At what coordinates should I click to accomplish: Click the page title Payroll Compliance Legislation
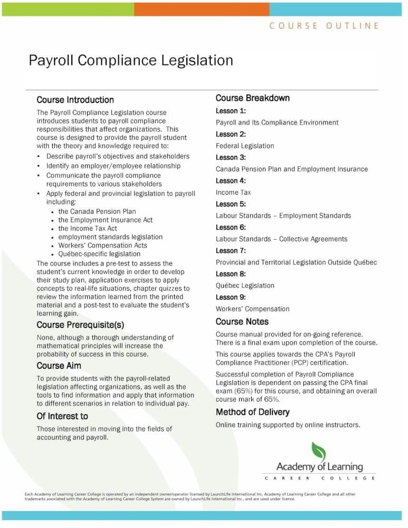[130, 60]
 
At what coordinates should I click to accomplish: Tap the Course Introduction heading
[75, 100]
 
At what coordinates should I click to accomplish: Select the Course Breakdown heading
[252, 98]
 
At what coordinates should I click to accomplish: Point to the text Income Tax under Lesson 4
[233, 192]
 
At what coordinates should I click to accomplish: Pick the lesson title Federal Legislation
[245, 146]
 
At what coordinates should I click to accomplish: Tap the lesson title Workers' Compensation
[252, 308]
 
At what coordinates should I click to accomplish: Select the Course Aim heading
[59, 365]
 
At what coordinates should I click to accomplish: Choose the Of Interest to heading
[62, 416]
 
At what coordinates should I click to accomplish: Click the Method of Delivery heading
[252, 412]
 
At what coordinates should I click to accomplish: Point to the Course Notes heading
[242, 322]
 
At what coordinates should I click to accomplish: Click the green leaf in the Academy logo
[318, 451]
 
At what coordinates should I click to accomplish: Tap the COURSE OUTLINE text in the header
[324, 25]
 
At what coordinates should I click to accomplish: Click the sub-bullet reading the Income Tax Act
[88, 228]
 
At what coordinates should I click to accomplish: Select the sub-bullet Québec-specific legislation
[99, 253]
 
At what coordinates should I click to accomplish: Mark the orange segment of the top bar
[202, 9]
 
